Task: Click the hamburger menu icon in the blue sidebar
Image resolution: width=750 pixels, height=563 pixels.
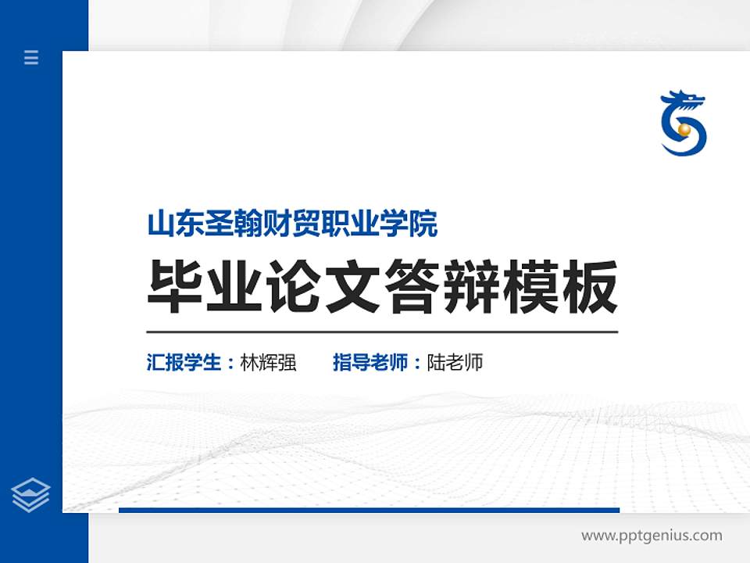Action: (31, 57)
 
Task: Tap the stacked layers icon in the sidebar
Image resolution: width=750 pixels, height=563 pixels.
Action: (31, 494)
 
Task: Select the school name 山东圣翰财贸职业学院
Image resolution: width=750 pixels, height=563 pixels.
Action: (292, 224)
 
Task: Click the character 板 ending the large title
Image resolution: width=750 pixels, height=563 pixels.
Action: (591, 288)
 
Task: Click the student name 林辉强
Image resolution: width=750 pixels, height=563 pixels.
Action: (268, 363)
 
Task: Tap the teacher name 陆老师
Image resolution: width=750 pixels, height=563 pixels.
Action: (455, 363)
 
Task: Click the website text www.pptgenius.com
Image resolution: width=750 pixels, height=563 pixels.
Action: (652, 536)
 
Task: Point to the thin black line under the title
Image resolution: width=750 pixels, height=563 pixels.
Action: (382, 332)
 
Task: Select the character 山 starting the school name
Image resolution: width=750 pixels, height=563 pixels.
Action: (159, 224)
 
